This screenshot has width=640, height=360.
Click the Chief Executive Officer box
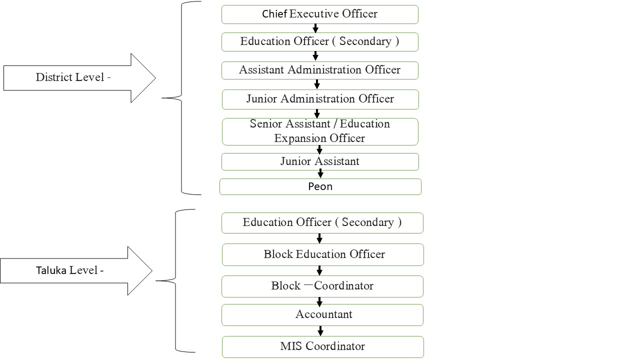pos(319,14)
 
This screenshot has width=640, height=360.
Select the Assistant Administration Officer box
pos(319,70)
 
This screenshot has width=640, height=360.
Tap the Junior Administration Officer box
pos(320,99)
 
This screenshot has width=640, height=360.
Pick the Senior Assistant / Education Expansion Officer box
pos(320,131)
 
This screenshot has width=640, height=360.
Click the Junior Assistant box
pos(320,161)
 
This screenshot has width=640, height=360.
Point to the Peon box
pos(320,186)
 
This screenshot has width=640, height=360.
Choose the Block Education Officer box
pos(323,254)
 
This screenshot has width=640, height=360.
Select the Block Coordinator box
pos(322,286)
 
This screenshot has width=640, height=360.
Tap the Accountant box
pos(323,314)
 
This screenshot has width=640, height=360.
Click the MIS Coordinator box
pos(323,346)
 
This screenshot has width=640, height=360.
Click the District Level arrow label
pos(73,77)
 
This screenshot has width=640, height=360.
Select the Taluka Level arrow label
pos(70,270)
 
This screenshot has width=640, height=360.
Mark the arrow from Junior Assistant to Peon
pos(320,173)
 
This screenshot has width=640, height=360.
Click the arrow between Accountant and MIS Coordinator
pos(320,330)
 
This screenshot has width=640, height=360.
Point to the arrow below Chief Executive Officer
pos(315,28)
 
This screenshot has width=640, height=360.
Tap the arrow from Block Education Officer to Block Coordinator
pos(319,270)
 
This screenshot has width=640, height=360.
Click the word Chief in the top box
pos(274,14)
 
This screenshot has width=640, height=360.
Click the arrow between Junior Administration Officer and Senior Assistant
pos(317,113)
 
